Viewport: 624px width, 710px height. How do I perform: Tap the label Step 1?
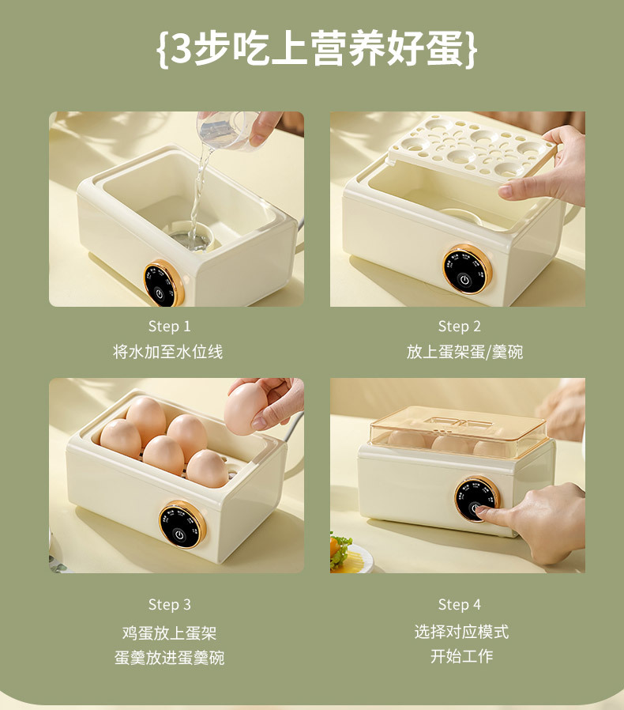tap(169, 326)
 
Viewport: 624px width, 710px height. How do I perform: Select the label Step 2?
tap(459, 326)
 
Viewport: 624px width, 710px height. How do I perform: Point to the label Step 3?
tap(169, 604)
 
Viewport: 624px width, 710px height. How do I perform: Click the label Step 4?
tap(459, 604)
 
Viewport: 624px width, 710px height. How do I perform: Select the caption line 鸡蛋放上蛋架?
tap(169, 633)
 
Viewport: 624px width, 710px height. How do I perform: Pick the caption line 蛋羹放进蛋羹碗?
tap(169, 657)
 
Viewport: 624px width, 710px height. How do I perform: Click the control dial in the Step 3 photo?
tap(182, 523)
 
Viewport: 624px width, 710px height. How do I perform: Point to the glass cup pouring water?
tap(226, 131)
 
